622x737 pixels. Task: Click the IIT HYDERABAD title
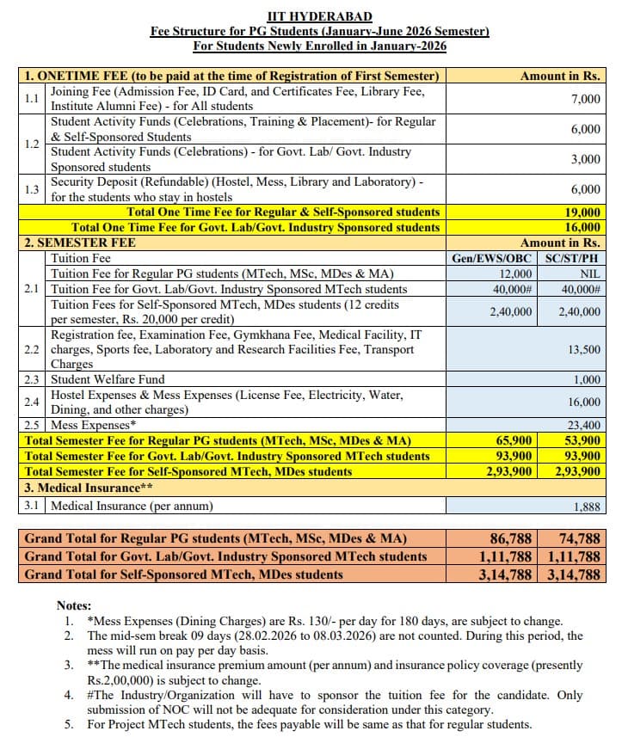point(319,16)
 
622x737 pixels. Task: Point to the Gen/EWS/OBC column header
point(492,258)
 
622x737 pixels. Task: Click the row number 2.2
point(32,349)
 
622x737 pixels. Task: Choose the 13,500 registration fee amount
point(585,349)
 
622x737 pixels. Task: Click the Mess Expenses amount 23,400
point(585,425)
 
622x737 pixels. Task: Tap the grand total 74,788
point(579,539)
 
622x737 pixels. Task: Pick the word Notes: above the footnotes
point(73,605)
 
